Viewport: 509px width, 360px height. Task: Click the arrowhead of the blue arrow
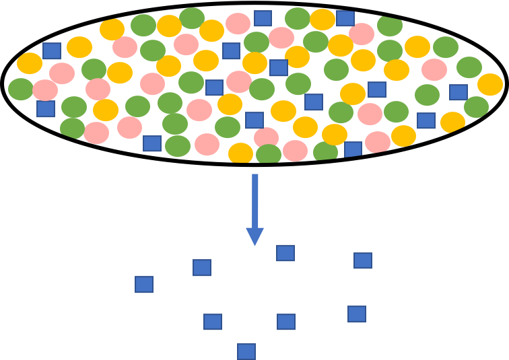tap(254, 236)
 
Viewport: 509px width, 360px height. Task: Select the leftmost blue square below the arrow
tap(143, 285)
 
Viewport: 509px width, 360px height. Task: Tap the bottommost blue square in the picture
tap(246, 351)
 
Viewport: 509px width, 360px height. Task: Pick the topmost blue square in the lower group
tap(285, 253)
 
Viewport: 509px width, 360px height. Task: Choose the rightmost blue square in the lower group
tap(363, 260)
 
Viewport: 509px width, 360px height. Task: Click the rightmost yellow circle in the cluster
tap(490, 85)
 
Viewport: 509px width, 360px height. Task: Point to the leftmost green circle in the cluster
tap(21, 89)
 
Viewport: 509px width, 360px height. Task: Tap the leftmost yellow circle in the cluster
tap(30, 64)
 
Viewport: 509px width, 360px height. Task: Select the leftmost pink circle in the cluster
tap(45, 90)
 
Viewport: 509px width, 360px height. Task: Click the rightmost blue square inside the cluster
tap(459, 92)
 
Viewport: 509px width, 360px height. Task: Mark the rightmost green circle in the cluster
tap(476, 106)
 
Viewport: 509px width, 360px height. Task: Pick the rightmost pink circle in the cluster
tap(434, 69)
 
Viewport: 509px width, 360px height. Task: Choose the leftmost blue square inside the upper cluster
tap(46, 108)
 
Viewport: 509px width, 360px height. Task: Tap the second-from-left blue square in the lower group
tap(202, 268)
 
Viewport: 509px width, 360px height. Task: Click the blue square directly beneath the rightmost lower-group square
tap(357, 314)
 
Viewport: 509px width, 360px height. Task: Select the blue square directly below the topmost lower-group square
tap(286, 322)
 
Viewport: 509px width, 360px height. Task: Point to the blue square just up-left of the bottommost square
tap(213, 322)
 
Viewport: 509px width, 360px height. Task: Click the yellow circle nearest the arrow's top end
tap(240, 153)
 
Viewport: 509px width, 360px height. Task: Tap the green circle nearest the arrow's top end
tap(269, 155)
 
